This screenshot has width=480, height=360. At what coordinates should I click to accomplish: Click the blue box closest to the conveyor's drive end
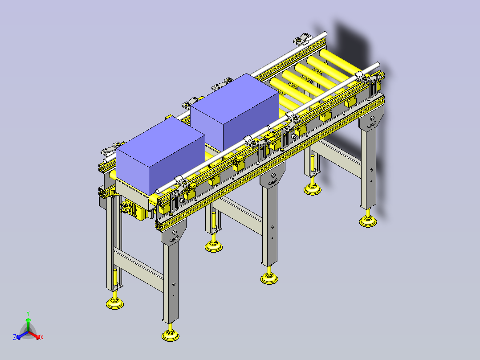tap(160, 156)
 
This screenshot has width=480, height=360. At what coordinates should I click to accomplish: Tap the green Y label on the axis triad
tap(28, 313)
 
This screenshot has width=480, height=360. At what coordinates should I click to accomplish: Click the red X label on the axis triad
tap(42, 338)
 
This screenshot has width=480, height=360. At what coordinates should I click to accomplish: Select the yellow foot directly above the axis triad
tap(115, 303)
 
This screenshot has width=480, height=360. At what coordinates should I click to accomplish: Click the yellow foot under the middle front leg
tap(270, 278)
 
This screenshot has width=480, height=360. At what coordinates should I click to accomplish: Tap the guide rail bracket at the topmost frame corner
tap(302, 40)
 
